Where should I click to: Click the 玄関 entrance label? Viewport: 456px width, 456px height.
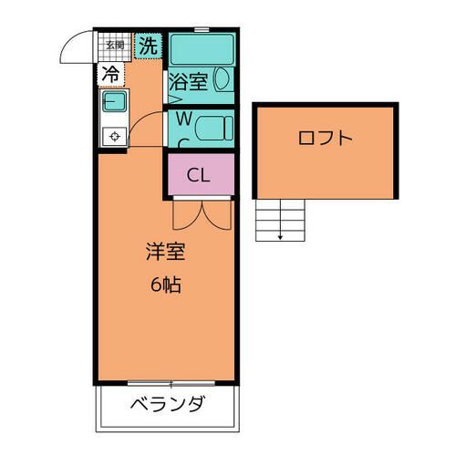tap(114, 44)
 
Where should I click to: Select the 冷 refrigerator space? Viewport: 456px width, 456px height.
tap(110, 73)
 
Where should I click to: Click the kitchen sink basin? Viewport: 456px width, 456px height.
tap(114, 102)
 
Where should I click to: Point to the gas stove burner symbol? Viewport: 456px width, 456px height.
tap(114, 137)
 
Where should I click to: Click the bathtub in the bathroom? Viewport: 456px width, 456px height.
tap(202, 48)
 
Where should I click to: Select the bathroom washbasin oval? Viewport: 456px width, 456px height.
tap(221, 81)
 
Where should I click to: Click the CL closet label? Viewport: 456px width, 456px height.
tap(199, 175)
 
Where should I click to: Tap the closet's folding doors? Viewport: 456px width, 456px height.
tap(201, 215)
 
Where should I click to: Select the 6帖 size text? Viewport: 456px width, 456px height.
tap(164, 284)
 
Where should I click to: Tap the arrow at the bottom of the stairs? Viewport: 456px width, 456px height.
tap(280, 237)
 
